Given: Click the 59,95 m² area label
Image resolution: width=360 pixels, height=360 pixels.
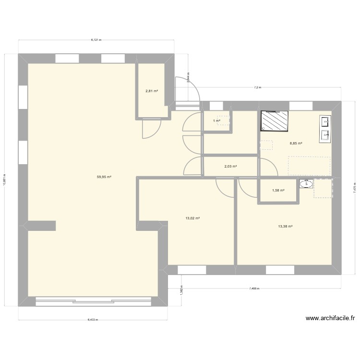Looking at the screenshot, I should pos(104,177).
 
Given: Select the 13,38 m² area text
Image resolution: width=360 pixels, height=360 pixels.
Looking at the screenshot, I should pos(285,227).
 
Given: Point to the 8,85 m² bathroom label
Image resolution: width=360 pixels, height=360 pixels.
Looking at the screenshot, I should pos(296,143).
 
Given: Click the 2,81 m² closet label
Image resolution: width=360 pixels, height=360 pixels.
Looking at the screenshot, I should pos(152,90).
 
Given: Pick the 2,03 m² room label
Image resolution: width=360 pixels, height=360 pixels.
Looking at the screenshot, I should pos(231,167).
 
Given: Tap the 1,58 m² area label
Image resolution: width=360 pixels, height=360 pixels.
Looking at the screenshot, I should pos(278,190).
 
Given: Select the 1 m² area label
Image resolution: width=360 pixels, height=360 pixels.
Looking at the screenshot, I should pos(216,120).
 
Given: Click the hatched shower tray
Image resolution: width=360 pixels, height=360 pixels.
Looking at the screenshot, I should pos(276,121).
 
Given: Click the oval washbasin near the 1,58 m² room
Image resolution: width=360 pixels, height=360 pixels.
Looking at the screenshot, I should pos(306,183).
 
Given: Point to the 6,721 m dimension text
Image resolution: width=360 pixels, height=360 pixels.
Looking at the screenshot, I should pos(96,40).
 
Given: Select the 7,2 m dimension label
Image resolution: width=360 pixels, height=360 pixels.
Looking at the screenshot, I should pos(257,87).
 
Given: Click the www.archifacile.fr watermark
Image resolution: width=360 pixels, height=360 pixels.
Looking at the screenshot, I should pos(329,318).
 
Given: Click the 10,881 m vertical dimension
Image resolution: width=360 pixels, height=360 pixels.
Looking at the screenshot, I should pos(4,180).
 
